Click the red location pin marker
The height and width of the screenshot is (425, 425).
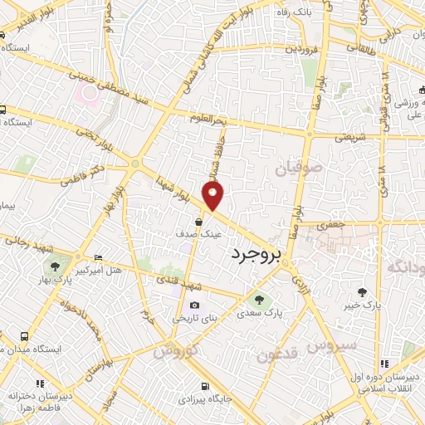214,196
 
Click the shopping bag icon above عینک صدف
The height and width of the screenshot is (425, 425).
200,222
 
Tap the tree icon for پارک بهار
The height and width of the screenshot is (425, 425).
55,266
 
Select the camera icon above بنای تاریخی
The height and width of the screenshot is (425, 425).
194,305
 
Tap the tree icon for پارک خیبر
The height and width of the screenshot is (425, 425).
362,291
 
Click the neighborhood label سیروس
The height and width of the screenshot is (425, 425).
330,343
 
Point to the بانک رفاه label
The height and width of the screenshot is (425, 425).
298,12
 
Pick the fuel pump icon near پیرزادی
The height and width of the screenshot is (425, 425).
205,387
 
